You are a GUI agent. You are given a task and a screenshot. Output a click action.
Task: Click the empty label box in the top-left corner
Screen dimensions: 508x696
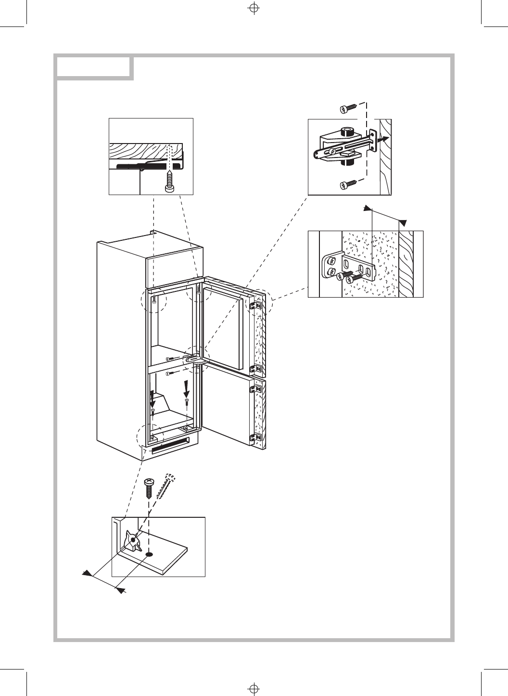94,67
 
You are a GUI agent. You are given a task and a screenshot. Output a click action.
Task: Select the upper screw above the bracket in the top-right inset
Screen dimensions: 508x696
347,109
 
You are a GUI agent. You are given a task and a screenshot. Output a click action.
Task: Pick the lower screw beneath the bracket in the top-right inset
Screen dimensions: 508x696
347,184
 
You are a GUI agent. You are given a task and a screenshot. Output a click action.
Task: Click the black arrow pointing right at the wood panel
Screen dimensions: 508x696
382,139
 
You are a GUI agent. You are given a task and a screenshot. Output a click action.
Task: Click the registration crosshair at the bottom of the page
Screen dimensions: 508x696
254,687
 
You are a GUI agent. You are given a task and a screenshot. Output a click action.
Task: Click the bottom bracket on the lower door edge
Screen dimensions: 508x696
256,437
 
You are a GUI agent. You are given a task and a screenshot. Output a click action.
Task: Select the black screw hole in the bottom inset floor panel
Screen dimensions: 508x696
149,555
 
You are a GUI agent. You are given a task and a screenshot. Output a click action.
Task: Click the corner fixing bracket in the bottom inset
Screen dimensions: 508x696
132,540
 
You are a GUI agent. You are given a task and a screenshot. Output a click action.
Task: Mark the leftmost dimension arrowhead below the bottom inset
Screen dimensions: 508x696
87,573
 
